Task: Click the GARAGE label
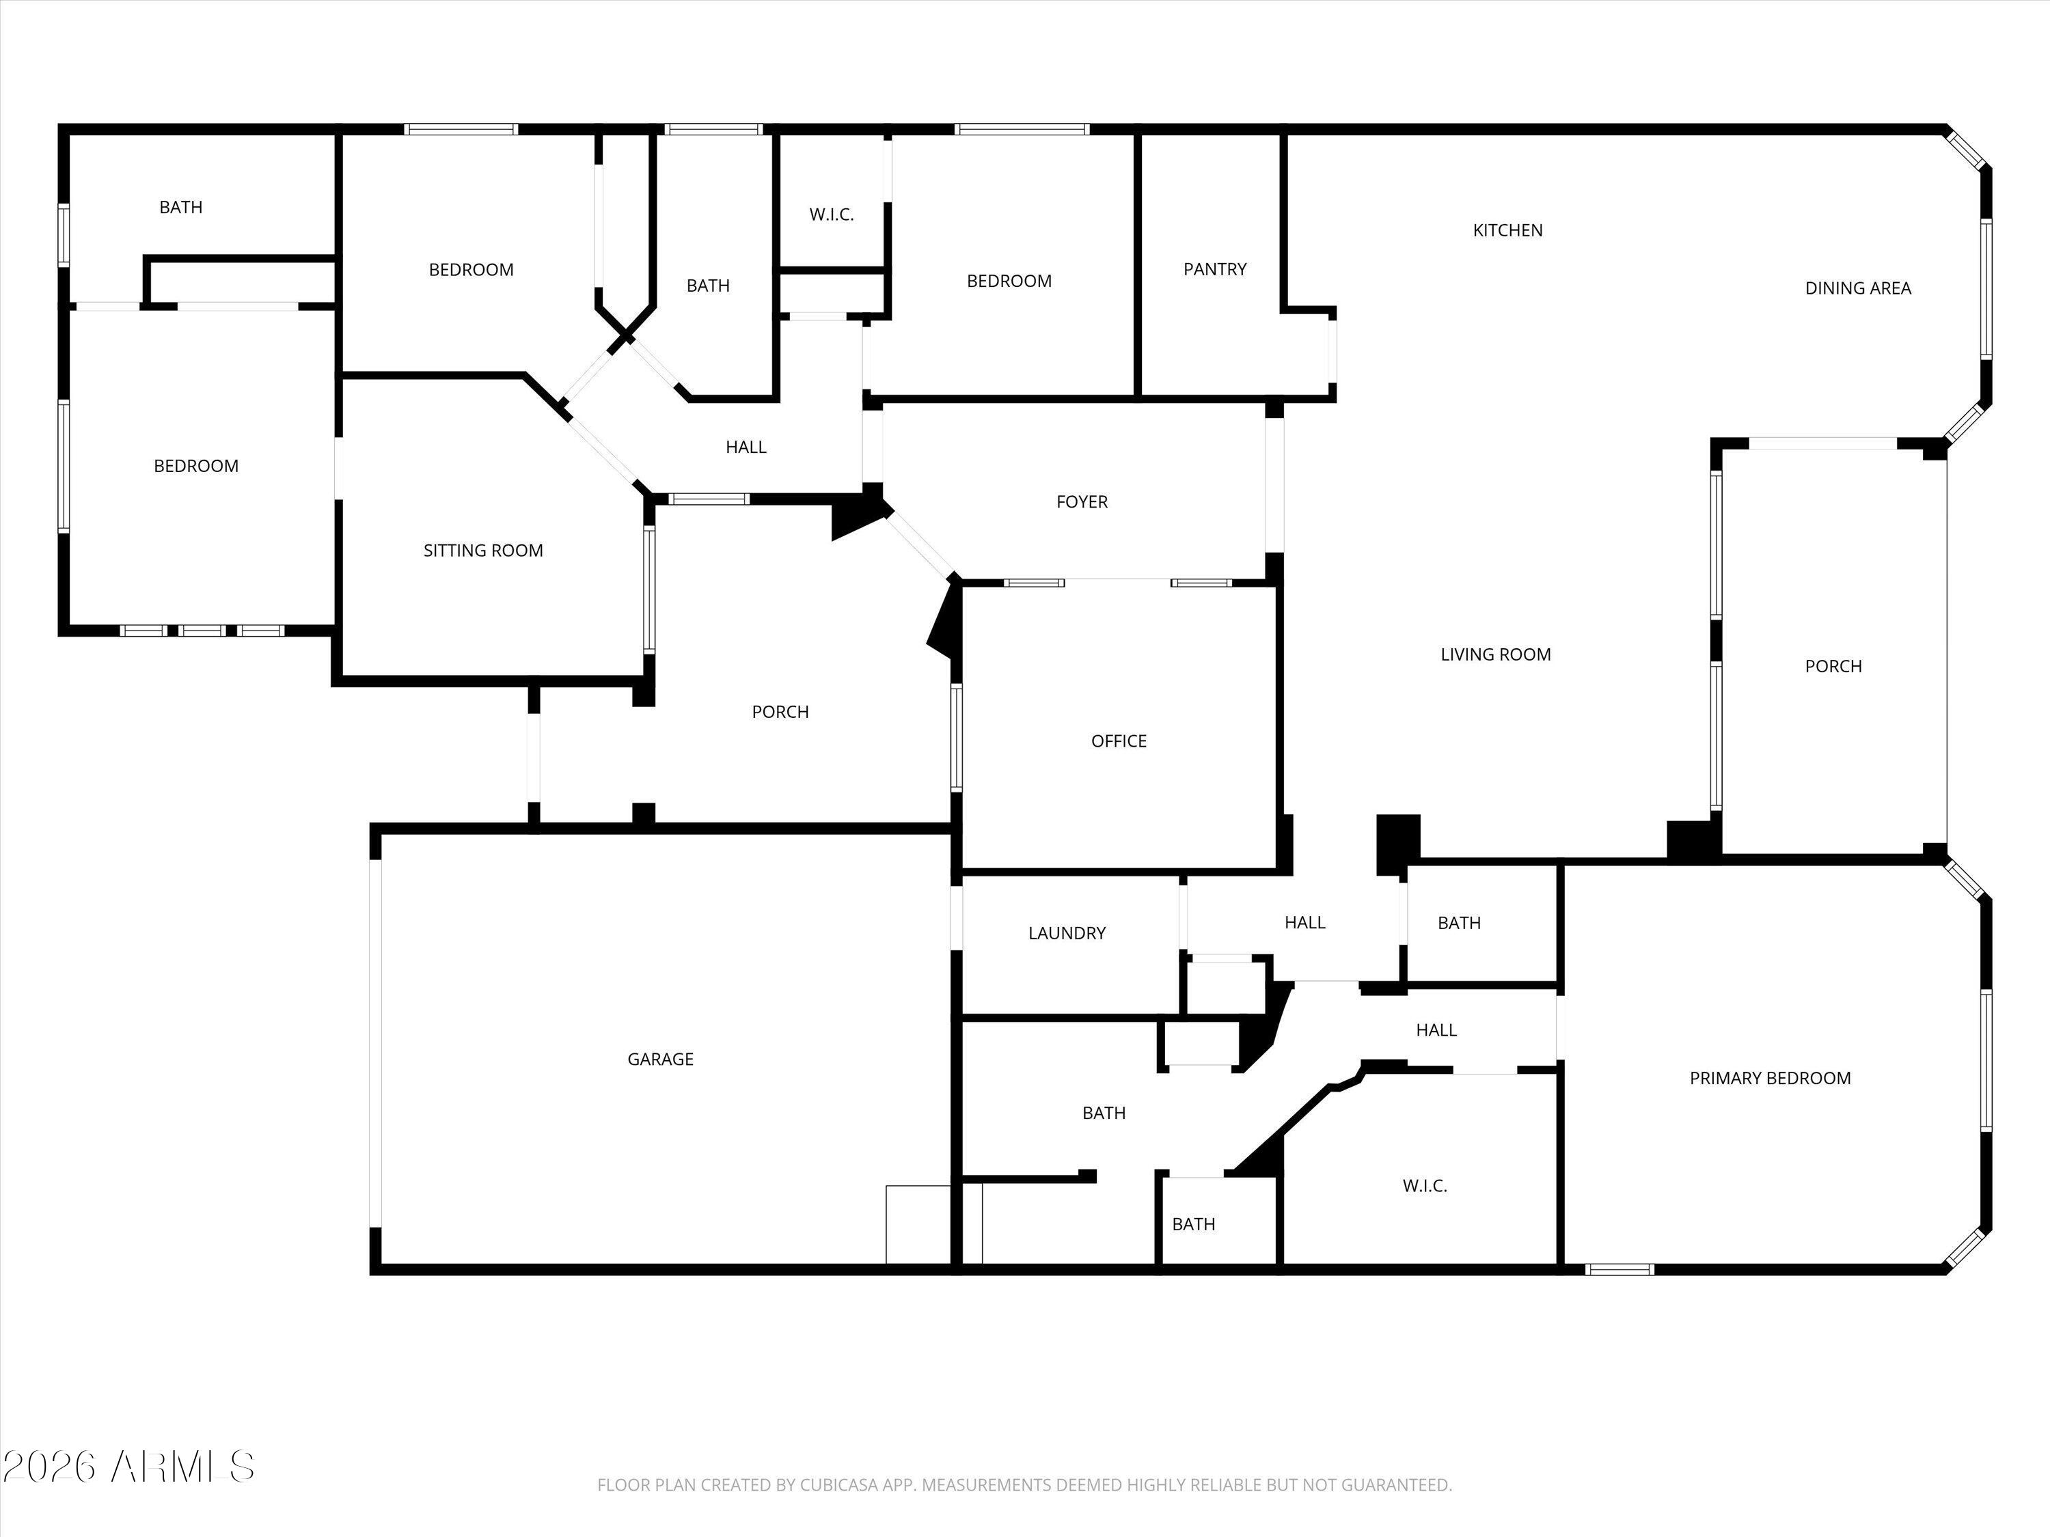[x=660, y=1059]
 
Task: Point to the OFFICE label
[x=1119, y=741]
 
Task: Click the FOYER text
[x=1082, y=502]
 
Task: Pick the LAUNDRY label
[x=1067, y=933]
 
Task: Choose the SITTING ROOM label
[x=483, y=551]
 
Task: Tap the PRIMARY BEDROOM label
[x=1770, y=1077]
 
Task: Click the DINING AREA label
[x=1857, y=288]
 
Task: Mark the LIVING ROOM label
[x=1495, y=654]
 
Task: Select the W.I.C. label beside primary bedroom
[x=1425, y=1186]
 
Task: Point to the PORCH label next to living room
[x=1833, y=666]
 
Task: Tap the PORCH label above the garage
[x=780, y=712]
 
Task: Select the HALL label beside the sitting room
[x=746, y=447]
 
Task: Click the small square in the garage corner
[x=918, y=1224]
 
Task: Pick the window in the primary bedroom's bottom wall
[x=1619, y=1269]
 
